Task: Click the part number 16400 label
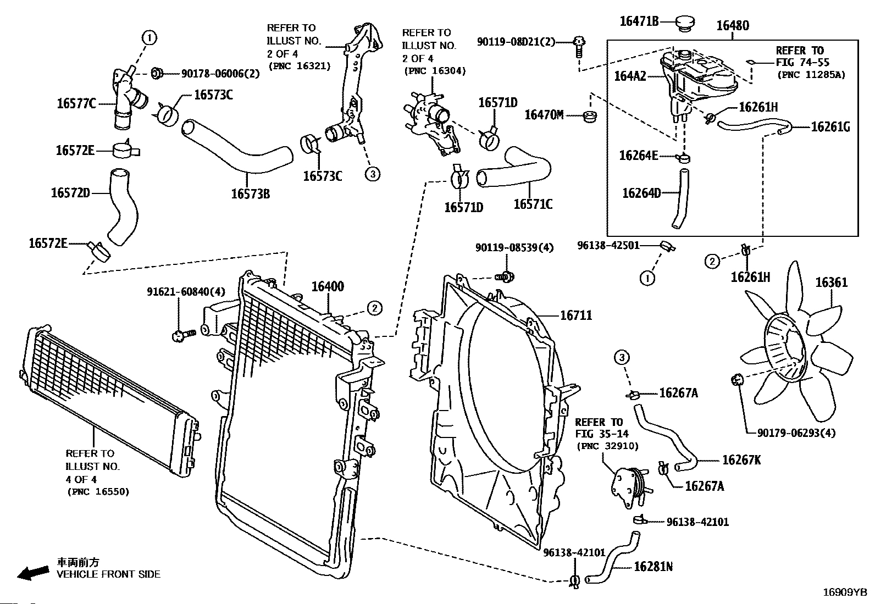point(328,286)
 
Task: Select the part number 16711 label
point(576,315)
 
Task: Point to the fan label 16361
point(831,282)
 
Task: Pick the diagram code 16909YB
point(844,592)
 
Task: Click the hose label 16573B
point(250,193)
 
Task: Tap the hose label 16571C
point(533,204)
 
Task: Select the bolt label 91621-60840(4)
point(186,291)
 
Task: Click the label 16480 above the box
point(733,25)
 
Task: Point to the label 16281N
point(653,566)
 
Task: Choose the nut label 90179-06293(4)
point(796,433)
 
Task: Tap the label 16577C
point(76,103)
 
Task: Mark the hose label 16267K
point(741,460)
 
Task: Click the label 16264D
point(641,193)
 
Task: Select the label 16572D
point(70,193)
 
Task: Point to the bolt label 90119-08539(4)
point(514,248)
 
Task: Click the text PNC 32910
point(599,446)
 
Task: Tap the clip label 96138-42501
point(608,245)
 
